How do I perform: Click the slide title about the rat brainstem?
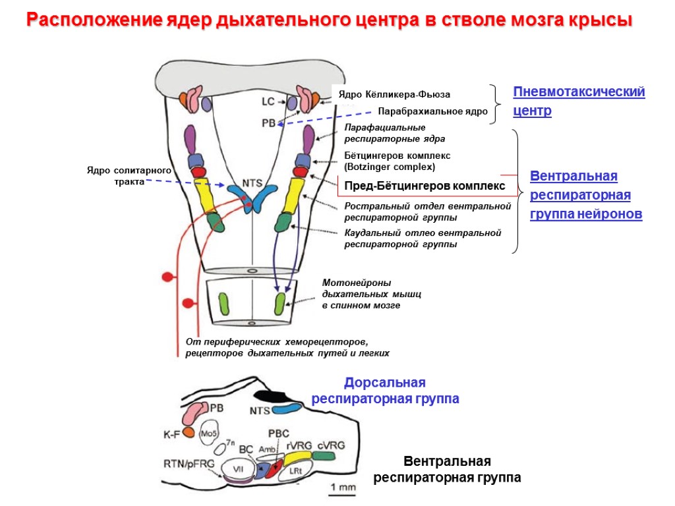[x=329, y=20]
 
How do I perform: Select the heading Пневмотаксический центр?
[x=578, y=101]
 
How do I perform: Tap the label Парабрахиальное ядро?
[x=432, y=111]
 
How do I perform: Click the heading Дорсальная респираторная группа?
[x=385, y=391]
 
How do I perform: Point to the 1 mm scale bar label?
[x=343, y=488]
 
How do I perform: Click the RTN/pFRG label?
[x=189, y=464]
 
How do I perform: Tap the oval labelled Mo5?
[x=210, y=434]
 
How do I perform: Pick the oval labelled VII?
[x=235, y=470]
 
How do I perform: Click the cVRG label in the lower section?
[x=330, y=445]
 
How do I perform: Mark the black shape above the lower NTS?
[x=272, y=396]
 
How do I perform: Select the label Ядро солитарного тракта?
[x=129, y=176]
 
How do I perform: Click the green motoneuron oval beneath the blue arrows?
[x=280, y=304]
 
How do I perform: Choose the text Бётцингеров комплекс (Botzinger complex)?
[x=397, y=161]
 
